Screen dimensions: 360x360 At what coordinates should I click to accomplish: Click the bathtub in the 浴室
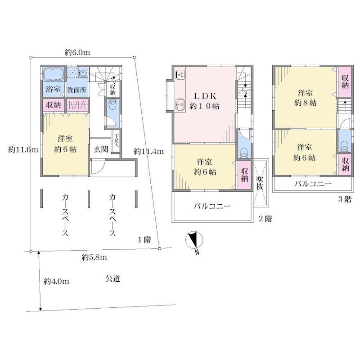pos(54,74)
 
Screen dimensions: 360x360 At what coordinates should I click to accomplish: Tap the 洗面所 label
pos(76,90)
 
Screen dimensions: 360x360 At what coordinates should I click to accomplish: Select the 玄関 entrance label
pos(101,149)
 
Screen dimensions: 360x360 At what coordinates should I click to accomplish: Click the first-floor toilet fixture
pos(112,105)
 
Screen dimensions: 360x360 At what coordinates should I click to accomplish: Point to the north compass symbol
pos(194,241)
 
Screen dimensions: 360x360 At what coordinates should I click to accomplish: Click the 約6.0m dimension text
pos(77,53)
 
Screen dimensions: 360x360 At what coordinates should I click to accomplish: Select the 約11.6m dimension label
pos(23,150)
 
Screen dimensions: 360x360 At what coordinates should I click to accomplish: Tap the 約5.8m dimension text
pos(94,257)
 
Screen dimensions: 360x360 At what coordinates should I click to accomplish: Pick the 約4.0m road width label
pos(57,281)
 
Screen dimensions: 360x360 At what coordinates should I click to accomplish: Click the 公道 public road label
pos(113,279)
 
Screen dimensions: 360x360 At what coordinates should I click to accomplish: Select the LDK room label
pos(205,96)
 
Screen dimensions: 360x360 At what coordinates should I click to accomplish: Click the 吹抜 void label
pos(260,183)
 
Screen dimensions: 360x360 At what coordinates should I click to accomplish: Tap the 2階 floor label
pos(265,219)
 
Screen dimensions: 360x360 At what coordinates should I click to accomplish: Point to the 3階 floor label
pos(345,199)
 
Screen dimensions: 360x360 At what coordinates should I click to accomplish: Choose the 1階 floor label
pos(144,240)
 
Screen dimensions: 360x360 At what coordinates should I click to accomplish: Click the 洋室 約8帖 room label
pos(306,98)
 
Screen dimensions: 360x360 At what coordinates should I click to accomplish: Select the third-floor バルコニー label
pos(313,184)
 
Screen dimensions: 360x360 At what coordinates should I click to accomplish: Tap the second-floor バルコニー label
pos(212,206)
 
